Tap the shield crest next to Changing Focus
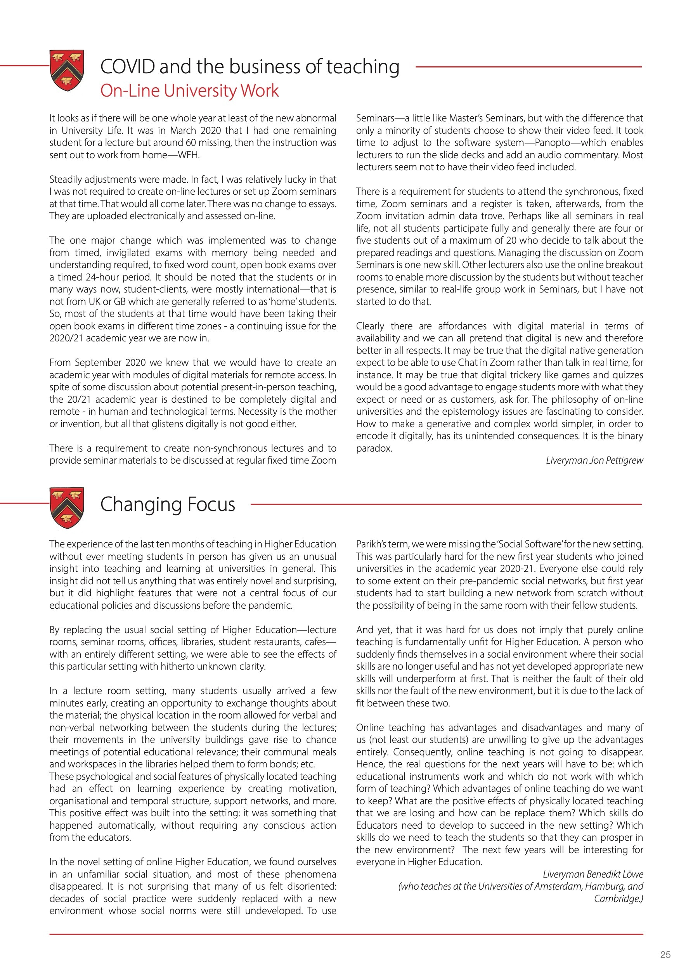tap(67, 507)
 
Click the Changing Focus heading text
tap(167, 504)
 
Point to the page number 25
tap(665, 955)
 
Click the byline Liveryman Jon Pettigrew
tap(594, 461)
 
